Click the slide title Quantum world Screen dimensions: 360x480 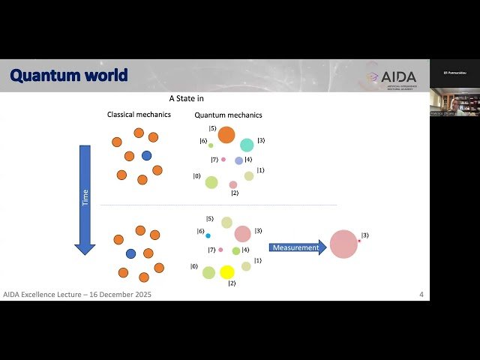[68, 76]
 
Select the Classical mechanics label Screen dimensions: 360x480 [139, 115]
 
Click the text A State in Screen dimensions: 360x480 [186, 98]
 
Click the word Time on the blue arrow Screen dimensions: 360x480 [85, 198]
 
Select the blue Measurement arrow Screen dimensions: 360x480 [297, 247]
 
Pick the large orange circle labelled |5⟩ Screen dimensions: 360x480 [226, 135]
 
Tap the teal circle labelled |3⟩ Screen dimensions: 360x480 [247, 145]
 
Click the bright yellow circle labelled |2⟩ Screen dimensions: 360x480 [227, 271]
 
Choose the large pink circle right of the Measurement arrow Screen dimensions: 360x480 [343, 244]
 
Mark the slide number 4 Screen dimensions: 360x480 [421, 295]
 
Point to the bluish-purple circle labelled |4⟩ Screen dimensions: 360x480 [239, 160]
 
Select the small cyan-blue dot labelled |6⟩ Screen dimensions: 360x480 [208, 235]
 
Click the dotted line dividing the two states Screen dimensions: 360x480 [217, 205]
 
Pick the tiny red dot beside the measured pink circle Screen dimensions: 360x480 [359, 240]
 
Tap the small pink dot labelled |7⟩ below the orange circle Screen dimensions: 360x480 [223, 159]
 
